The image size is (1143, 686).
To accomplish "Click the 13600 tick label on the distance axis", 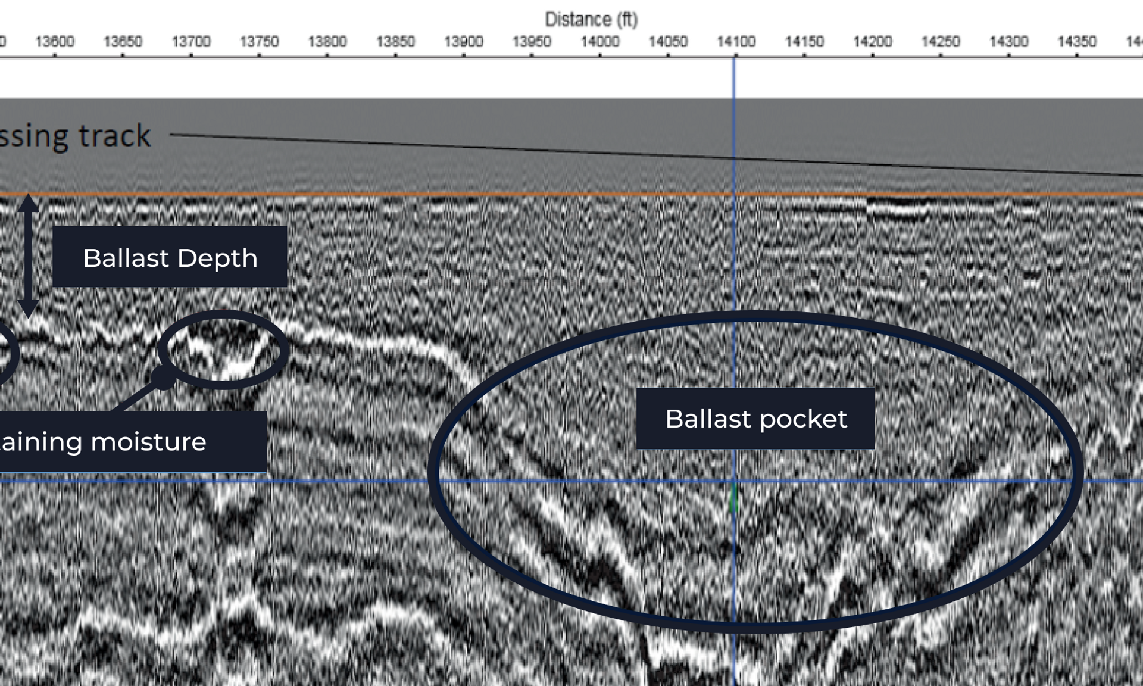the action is (55, 42).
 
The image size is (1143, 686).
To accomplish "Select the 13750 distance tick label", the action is (259, 42).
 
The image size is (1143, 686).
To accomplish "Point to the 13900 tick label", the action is (463, 42).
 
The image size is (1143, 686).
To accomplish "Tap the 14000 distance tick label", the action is (599, 42).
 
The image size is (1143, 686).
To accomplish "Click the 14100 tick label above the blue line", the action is (736, 42).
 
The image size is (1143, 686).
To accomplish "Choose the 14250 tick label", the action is (941, 42).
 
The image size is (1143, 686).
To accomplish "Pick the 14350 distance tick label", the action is (1076, 42).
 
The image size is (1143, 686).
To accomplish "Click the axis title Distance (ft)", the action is (591, 20).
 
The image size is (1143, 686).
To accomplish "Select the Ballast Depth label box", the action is (170, 257).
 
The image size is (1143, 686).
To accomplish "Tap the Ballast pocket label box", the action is (755, 419).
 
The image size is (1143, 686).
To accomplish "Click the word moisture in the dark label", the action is (148, 442).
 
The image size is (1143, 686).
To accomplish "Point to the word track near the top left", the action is (114, 136).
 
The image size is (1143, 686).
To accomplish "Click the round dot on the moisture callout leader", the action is (163, 377).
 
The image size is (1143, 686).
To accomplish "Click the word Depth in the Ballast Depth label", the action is (217, 258).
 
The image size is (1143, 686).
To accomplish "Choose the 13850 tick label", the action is (395, 42).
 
